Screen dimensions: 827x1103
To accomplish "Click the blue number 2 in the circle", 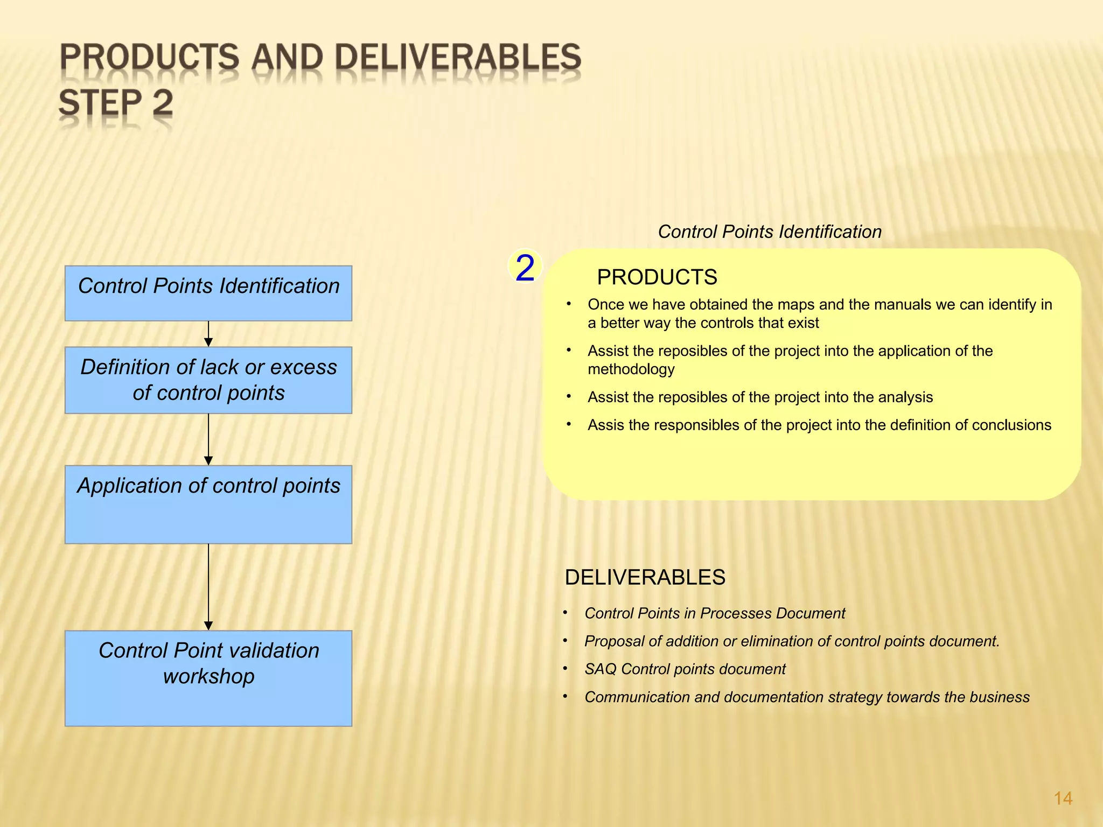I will (x=525, y=268).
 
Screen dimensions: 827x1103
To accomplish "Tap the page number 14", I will (x=1063, y=798).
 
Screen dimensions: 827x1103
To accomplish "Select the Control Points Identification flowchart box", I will (x=208, y=293).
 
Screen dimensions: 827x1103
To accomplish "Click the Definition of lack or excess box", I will (x=208, y=380).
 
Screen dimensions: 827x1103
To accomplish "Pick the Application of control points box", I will (x=208, y=504).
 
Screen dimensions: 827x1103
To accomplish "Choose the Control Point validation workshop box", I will (x=208, y=678).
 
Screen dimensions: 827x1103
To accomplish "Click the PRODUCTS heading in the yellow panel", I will (x=657, y=277).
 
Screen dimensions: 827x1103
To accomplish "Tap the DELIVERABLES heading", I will (x=645, y=577).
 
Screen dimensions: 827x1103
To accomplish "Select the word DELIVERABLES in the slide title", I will (x=458, y=58).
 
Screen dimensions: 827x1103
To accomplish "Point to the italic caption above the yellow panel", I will (x=770, y=232).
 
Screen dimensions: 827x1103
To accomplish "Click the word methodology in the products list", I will (x=631, y=369).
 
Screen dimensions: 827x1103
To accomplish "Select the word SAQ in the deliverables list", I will (x=600, y=669).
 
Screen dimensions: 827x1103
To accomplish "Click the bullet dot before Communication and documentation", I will (x=566, y=696).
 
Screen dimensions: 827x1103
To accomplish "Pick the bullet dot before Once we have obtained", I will (x=569, y=304).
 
